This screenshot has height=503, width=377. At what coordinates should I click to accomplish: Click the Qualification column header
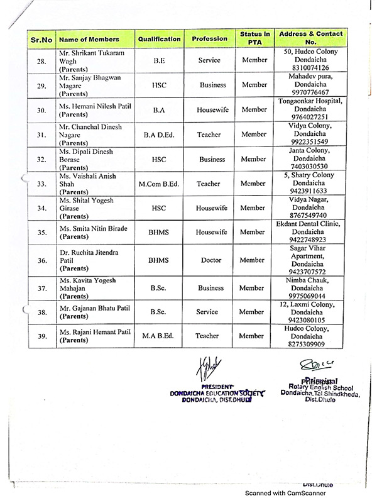point(159,38)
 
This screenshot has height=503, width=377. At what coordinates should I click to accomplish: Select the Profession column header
point(209,38)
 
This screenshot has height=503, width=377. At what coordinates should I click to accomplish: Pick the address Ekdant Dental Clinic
point(312,224)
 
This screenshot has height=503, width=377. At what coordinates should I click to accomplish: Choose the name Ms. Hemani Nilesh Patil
point(93,109)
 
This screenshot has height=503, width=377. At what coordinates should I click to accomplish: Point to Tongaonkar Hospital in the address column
point(312,101)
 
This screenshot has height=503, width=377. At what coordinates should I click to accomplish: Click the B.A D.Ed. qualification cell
point(159,133)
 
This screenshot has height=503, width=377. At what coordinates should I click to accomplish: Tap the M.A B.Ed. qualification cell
point(159,336)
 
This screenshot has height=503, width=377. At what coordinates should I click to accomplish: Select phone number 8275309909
point(312,345)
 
